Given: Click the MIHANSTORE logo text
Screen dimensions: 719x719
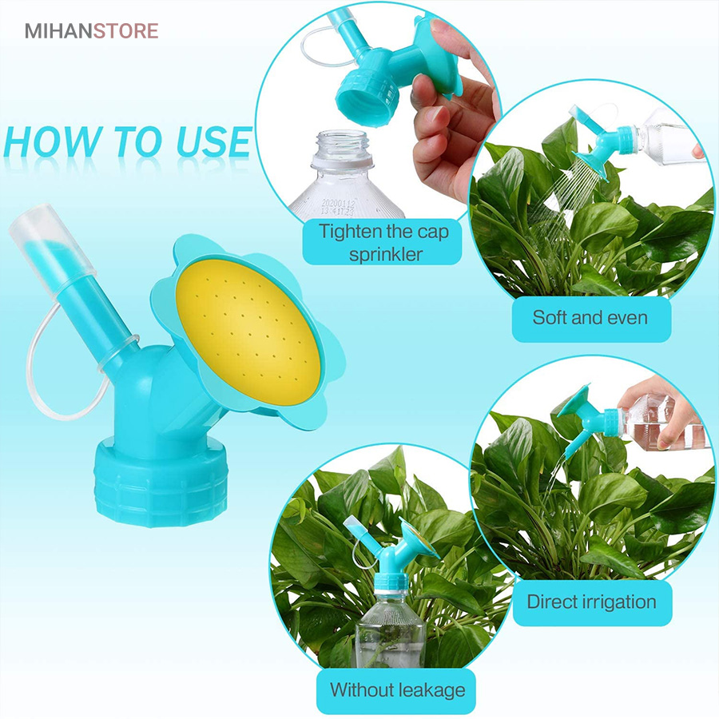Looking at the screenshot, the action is click(x=92, y=30).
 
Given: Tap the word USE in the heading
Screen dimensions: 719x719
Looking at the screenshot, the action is click(x=213, y=141).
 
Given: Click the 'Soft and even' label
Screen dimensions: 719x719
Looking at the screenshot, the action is click(x=590, y=317).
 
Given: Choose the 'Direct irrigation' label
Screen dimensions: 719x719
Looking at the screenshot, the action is click(x=591, y=602).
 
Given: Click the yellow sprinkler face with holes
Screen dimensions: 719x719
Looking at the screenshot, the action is click(x=248, y=332).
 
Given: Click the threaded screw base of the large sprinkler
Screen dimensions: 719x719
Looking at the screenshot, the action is click(x=161, y=482).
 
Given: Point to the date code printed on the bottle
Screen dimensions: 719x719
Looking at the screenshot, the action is click(x=338, y=207).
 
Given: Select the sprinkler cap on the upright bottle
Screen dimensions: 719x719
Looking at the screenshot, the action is click(x=390, y=553).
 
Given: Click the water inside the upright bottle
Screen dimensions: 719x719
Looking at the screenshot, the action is click(x=390, y=651).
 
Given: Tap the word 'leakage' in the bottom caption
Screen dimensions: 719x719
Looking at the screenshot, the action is click(x=431, y=690).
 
